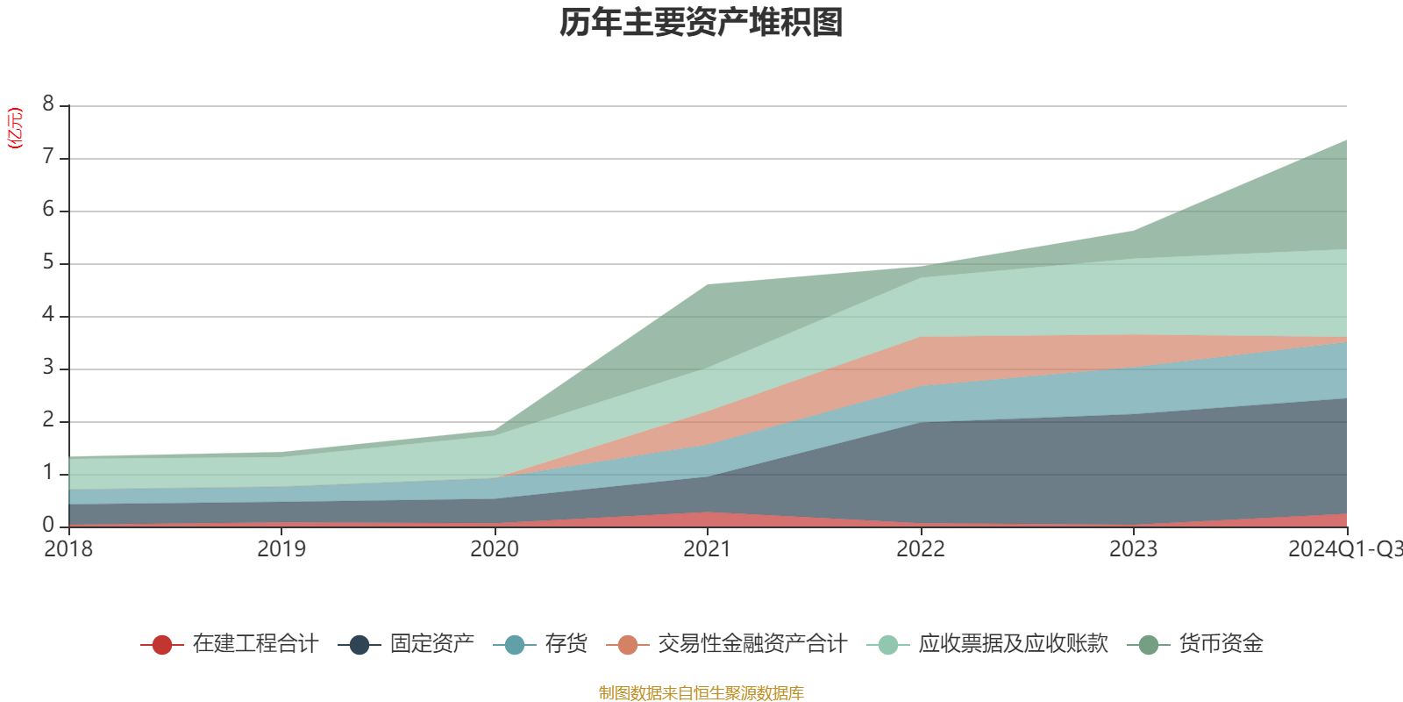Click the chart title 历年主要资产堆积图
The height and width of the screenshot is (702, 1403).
coord(701,24)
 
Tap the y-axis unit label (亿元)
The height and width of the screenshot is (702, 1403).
coord(15,128)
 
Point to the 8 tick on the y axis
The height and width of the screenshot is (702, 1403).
coord(48,104)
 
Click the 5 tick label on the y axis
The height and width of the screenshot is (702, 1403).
coord(48,262)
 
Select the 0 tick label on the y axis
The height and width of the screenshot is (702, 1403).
coord(48,525)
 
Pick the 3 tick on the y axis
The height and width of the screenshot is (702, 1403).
coord(48,368)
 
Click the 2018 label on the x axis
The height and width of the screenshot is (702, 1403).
coord(68,549)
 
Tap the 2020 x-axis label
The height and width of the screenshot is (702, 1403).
coord(495,549)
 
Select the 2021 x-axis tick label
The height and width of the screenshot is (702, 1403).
coord(708,549)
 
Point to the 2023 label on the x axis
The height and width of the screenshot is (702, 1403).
coord(1133,549)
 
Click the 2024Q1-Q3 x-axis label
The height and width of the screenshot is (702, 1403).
coord(1344,549)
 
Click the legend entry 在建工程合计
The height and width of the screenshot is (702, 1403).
coord(255,644)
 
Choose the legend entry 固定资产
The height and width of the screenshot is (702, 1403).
coord(432,644)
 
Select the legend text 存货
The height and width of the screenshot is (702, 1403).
coord(566,644)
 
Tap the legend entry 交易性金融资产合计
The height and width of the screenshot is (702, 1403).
coord(752,644)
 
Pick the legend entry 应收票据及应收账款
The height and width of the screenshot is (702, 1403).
coord(1013,644)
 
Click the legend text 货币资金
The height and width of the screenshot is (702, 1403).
coord(1221,644)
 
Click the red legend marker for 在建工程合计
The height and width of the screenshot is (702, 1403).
coord(161,645)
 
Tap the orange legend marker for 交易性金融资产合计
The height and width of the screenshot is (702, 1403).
coord(627,645)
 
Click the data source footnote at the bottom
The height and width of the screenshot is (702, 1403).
coord(701,693)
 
